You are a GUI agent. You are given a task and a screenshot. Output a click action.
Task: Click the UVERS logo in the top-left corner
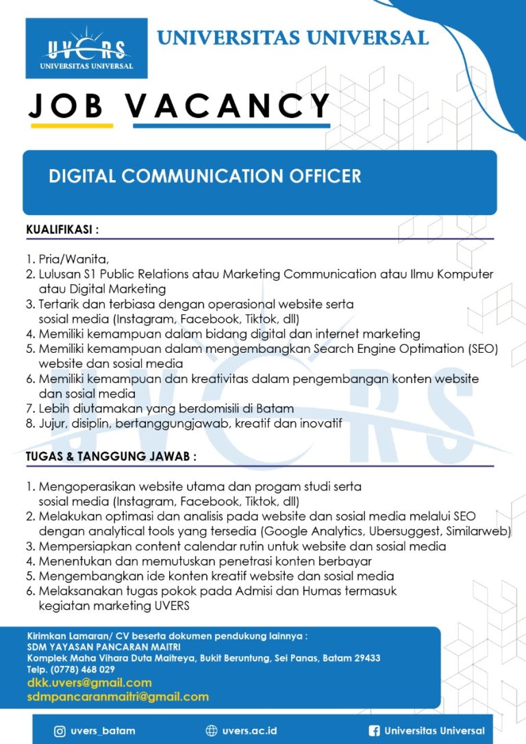pyautogui.click(x=86, y=49)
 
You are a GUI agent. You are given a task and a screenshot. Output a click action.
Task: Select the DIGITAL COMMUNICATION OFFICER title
pyautogui.click(x=205, y=176)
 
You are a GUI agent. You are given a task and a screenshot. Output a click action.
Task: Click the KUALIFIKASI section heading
pyautogui.click(x=62, y=230)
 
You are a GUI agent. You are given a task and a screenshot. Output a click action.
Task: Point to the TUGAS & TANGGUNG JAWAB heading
pyautogui.click(x=111, y=456)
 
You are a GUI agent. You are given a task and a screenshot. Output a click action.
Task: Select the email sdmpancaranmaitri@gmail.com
pyautogui.click(x=118, y=697)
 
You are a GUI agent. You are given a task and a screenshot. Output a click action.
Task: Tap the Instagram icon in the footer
pyautogui.click(x=60, y=731)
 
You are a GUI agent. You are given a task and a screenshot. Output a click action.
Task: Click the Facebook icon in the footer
pyautogui.click(x=374, y=731)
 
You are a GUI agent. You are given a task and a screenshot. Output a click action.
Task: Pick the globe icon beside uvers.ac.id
pyautogui.click(x=211, y=731)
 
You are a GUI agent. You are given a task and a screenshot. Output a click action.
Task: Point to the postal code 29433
pyautogui.click(x=366, y=658)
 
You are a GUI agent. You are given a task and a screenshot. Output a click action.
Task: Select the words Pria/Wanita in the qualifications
pyautogui.click(x=73, y=259)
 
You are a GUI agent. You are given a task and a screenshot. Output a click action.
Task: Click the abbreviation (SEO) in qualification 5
pyautogui.click(x=483, y=348)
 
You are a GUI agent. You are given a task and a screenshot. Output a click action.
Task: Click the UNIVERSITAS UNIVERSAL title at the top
pyautogui.click(x=292, y=37)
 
